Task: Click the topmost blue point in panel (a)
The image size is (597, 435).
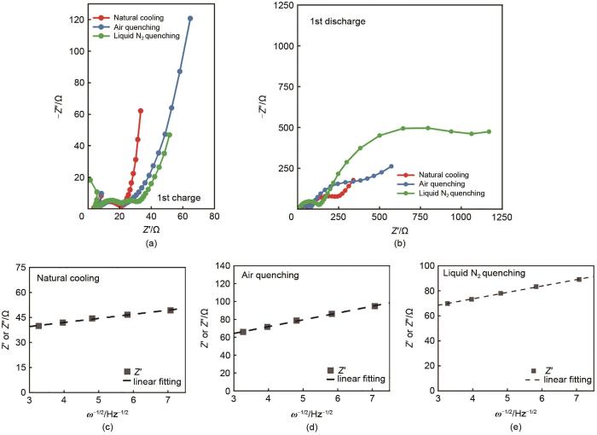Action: (190, 18)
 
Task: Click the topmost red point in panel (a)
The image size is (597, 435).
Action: (141, 111)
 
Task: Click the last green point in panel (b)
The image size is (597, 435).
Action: (489, 131)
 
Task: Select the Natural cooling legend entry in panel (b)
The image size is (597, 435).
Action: (457, 173)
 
